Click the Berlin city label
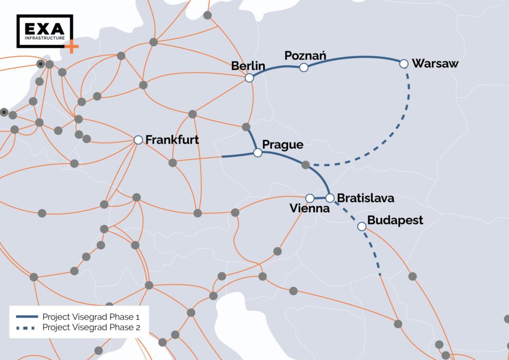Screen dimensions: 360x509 pos(248,66)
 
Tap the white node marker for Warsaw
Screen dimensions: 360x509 pos(404,64)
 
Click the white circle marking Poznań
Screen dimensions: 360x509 pos(304,67)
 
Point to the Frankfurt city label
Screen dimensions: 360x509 pos(172,139)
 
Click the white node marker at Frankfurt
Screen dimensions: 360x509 pos(138,140)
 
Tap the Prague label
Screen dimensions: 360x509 pos(282,145)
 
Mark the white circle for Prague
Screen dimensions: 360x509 pos(258,153)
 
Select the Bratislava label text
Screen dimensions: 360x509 pos(366,197)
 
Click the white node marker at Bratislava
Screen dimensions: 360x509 pos(330,197)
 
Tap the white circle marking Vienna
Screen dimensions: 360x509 pos(310,198)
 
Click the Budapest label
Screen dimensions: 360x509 pos(395,221)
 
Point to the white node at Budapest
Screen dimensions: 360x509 pos(361,226)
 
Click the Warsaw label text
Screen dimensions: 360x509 pos(435,64)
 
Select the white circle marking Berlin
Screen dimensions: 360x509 pos(249,78)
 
